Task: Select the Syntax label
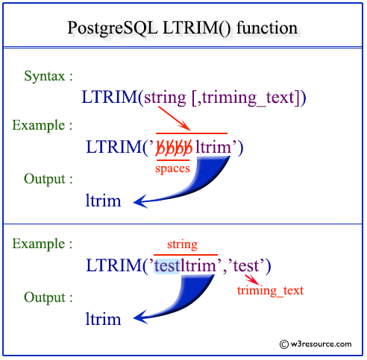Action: [x=48, y=76]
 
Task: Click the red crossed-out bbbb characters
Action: [x=173, y=147]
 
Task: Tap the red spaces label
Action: [x=172, y=168]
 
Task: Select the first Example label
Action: [x=43, y=124]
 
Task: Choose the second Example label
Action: [x=43, y=244]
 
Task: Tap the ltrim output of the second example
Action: [x=103, y=319]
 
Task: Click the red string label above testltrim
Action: [x=183, y=244]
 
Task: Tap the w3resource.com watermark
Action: [x=316, y=344]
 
